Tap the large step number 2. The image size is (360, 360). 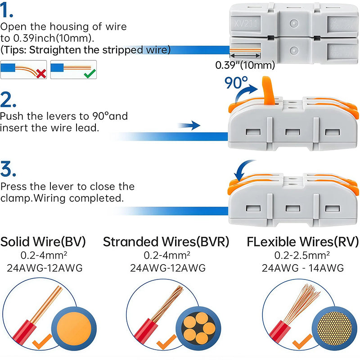coord(9,99)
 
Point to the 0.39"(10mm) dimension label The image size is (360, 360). coord(245,65)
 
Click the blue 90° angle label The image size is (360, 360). coord(236,83)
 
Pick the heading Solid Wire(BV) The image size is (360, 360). coord(43,242)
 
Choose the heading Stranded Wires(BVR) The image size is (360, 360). coord(166,242)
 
